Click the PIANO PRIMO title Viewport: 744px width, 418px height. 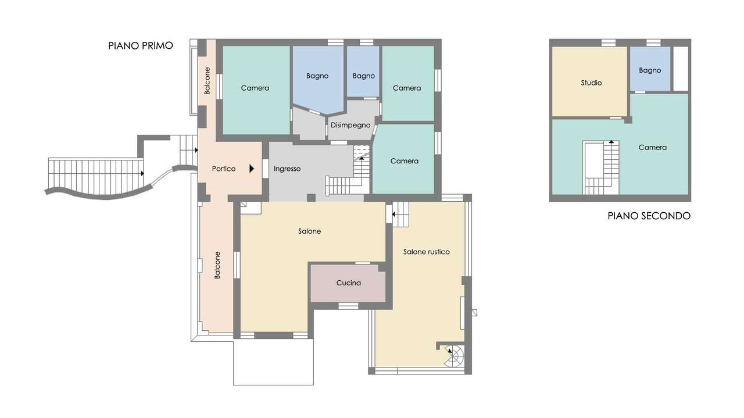tap(141, 45)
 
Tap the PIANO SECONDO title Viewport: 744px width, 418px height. tap(649, 216)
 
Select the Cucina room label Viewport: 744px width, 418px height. tap(348, 283)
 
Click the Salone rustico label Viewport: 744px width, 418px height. tap(427, 252)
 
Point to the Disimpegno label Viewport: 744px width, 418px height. tap(350, 125)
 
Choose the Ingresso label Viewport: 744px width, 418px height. tap(287, 169)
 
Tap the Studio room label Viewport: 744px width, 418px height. tap(591, 83)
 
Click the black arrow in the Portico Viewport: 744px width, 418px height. tap(252, 169)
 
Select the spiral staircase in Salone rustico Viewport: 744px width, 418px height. tap(455, 356)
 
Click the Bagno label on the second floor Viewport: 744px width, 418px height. tap(650, 70)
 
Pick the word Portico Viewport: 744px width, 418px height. tap(224, 169)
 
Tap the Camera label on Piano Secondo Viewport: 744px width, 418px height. tap(652, 148)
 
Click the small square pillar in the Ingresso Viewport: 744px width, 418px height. tap(311, 198)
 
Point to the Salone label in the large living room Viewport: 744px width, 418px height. tap(309, 231)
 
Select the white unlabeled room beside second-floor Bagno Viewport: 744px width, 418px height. tap(681, 69)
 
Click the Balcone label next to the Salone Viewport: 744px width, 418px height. tap(217, 265)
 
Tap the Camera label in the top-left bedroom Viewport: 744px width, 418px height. tap(255, 88)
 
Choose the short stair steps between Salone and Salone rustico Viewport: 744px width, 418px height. tap(400, 215)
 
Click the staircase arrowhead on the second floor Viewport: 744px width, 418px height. tap(611, 141)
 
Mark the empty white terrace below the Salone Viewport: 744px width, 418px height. tap(273, 362)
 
